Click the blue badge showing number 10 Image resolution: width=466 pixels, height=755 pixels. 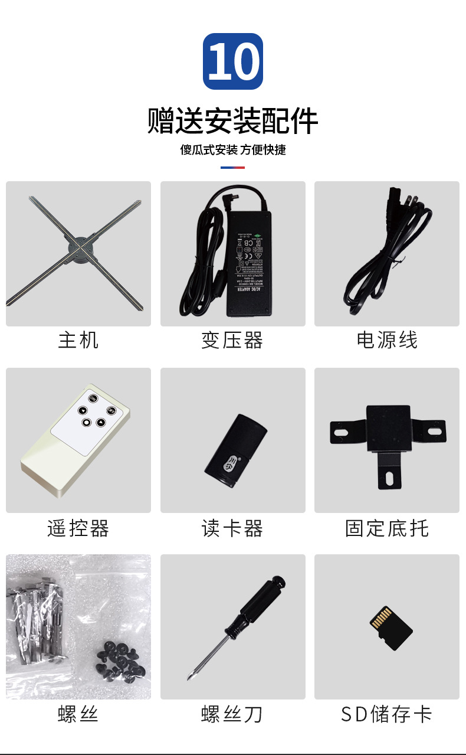click(232, 61)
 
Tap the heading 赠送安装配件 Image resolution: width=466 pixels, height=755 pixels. click(232, 121)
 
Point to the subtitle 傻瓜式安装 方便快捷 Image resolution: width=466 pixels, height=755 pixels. click(232, 150)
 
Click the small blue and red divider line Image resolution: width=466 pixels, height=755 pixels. click(232, 168)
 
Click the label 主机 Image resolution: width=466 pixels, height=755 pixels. click(78, 341)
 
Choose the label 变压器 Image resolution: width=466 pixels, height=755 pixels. click(232, 341)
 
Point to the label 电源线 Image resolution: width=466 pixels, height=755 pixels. click(387, 341)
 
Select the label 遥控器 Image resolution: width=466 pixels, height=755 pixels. click(78, 528)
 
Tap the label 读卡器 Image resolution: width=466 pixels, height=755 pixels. click(232, 528)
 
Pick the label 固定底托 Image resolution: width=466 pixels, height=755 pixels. click(387, 528)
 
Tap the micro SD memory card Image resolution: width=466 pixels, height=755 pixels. click(390, 627)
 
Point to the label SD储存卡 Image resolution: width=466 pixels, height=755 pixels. click(387, 715)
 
